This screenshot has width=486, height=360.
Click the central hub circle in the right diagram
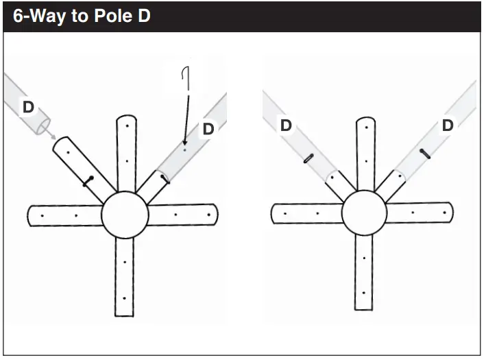(x=364, y=213)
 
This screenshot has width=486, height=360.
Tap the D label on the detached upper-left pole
(x=28, y=108)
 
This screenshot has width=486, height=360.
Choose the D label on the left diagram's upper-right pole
(x=208, y=129)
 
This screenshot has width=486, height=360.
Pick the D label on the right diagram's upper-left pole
(x=286, y=125)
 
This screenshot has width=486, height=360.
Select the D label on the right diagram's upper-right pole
(x=447, y=125)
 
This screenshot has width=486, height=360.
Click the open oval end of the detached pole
(x=44, y=128)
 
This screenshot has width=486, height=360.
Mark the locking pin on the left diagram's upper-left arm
(x=88, y=181)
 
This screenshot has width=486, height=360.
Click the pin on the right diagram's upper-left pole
(x=308, y=160)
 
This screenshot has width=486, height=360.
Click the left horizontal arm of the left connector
(x=65, y=216)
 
